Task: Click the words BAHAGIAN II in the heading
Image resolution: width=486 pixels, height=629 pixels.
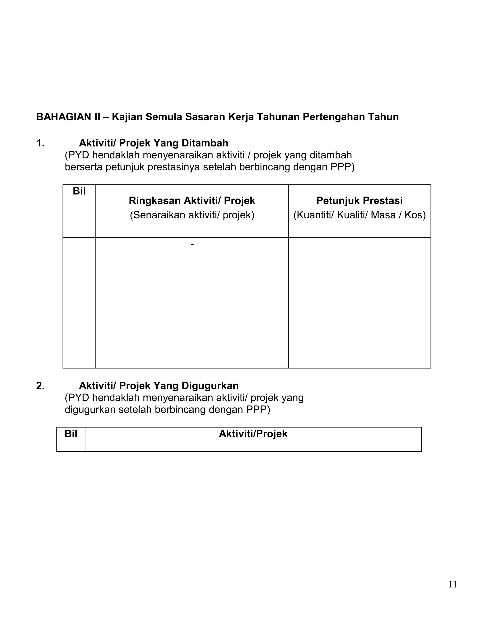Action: (x=68, y=117)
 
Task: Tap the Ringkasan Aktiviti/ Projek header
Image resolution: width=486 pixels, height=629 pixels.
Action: (x=192, y=201)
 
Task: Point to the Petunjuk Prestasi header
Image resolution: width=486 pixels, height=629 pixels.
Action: (x=359, y=201)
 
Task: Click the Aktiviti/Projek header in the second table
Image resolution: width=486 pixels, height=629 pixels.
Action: (x=253, y=434)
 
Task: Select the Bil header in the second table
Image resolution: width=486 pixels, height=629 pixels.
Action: (x=71, y=434)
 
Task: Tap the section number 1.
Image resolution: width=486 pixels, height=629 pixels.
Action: (x=40, y=143)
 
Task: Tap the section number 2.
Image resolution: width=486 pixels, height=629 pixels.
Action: (x=40, y=386)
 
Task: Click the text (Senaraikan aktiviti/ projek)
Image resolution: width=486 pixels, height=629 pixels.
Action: (x=192, y=215)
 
